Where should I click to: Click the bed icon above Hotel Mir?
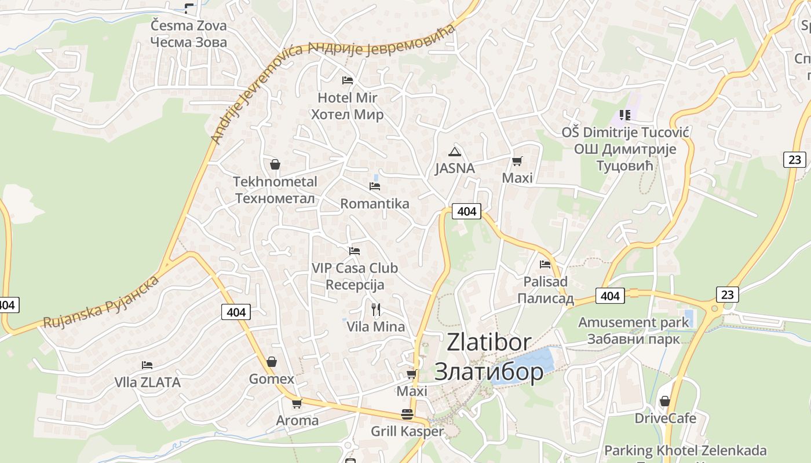(348, 80)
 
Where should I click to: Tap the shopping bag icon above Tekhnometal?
(275, 164)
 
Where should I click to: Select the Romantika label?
(374, 204)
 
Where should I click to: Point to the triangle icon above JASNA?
(455, 152)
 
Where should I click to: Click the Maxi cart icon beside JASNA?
(517, 161)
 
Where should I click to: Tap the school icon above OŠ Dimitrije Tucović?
(624, 115)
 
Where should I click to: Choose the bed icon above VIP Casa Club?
(355, 251)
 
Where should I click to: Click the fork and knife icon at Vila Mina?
(376, 310)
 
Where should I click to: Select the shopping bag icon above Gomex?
(271, 362)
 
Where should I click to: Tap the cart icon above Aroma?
(297, 403)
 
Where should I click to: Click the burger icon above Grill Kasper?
(407, 414)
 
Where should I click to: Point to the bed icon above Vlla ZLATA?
(147, 365)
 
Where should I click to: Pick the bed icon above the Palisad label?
(545, 264)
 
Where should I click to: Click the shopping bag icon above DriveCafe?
(665, 401)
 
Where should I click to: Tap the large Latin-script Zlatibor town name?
(488, 343)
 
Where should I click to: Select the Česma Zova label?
(188, 25)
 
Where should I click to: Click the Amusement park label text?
(634, 322)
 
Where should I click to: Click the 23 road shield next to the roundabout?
(728, 295)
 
